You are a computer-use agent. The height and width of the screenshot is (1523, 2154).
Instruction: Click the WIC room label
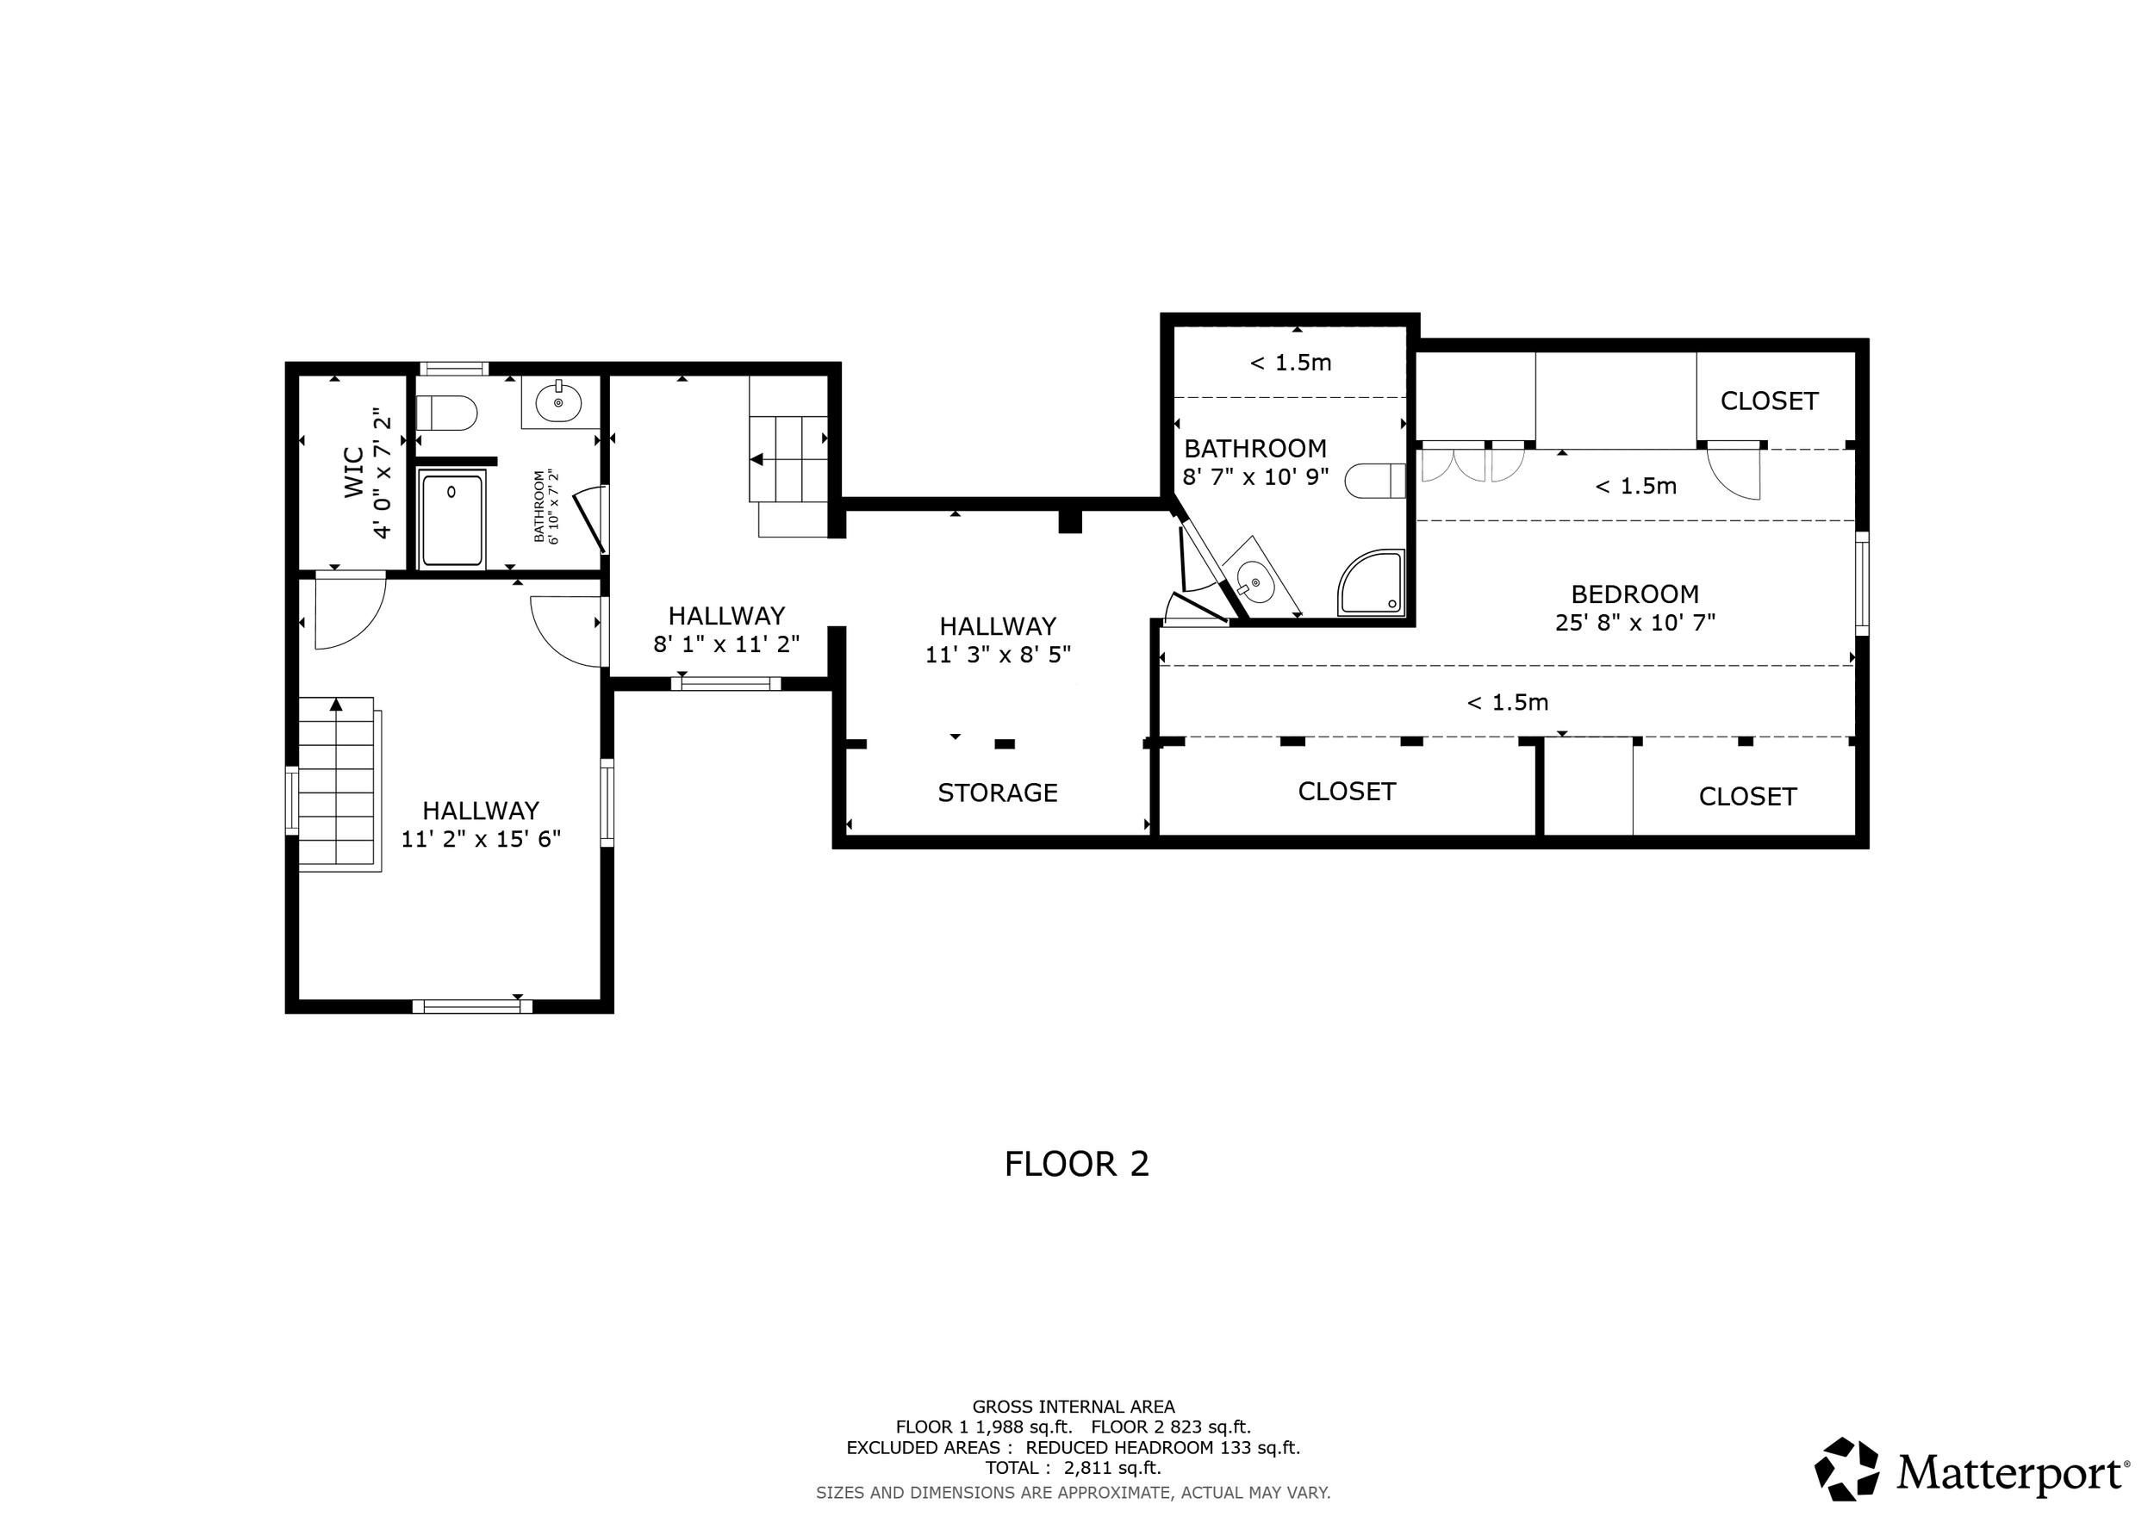tap(353, 472)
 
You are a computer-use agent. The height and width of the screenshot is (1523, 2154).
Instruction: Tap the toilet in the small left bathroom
tap(446, 413)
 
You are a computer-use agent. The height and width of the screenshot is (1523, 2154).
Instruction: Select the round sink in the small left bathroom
tap(558, 402)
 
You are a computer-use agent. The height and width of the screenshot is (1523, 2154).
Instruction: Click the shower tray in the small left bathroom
tap(452, 519)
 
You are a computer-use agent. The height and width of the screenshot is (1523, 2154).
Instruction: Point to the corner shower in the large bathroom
tap(1373, 582)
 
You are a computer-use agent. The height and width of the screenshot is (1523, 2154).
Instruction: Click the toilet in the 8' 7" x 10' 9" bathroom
tap(1375, 481)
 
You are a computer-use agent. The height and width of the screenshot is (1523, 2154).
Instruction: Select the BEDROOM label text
tap(1635, 594)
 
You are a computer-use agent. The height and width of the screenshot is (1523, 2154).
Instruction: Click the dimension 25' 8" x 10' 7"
tap(1635, 623)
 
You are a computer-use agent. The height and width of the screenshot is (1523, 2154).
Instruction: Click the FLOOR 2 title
tap(1077, 1164)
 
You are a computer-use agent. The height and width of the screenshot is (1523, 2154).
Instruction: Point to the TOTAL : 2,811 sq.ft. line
tap(1074, 1468)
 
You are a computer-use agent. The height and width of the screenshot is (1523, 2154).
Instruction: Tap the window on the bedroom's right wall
tap(1862, 583)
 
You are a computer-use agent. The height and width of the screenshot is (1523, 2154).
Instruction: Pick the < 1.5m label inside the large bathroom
tap(1291, 363)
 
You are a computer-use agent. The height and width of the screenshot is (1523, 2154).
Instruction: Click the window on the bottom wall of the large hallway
tap(473, 1006)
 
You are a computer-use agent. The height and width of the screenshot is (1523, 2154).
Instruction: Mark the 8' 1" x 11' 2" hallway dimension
tap(727, 644)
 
